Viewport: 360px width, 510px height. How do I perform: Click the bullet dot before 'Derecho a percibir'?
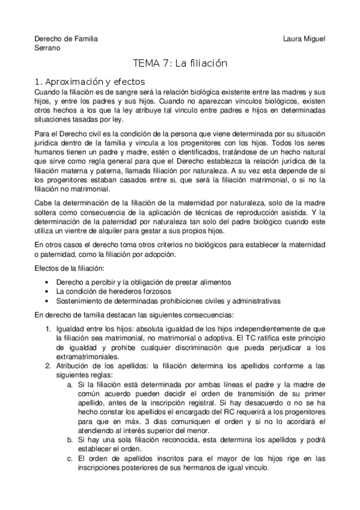(47, 282)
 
